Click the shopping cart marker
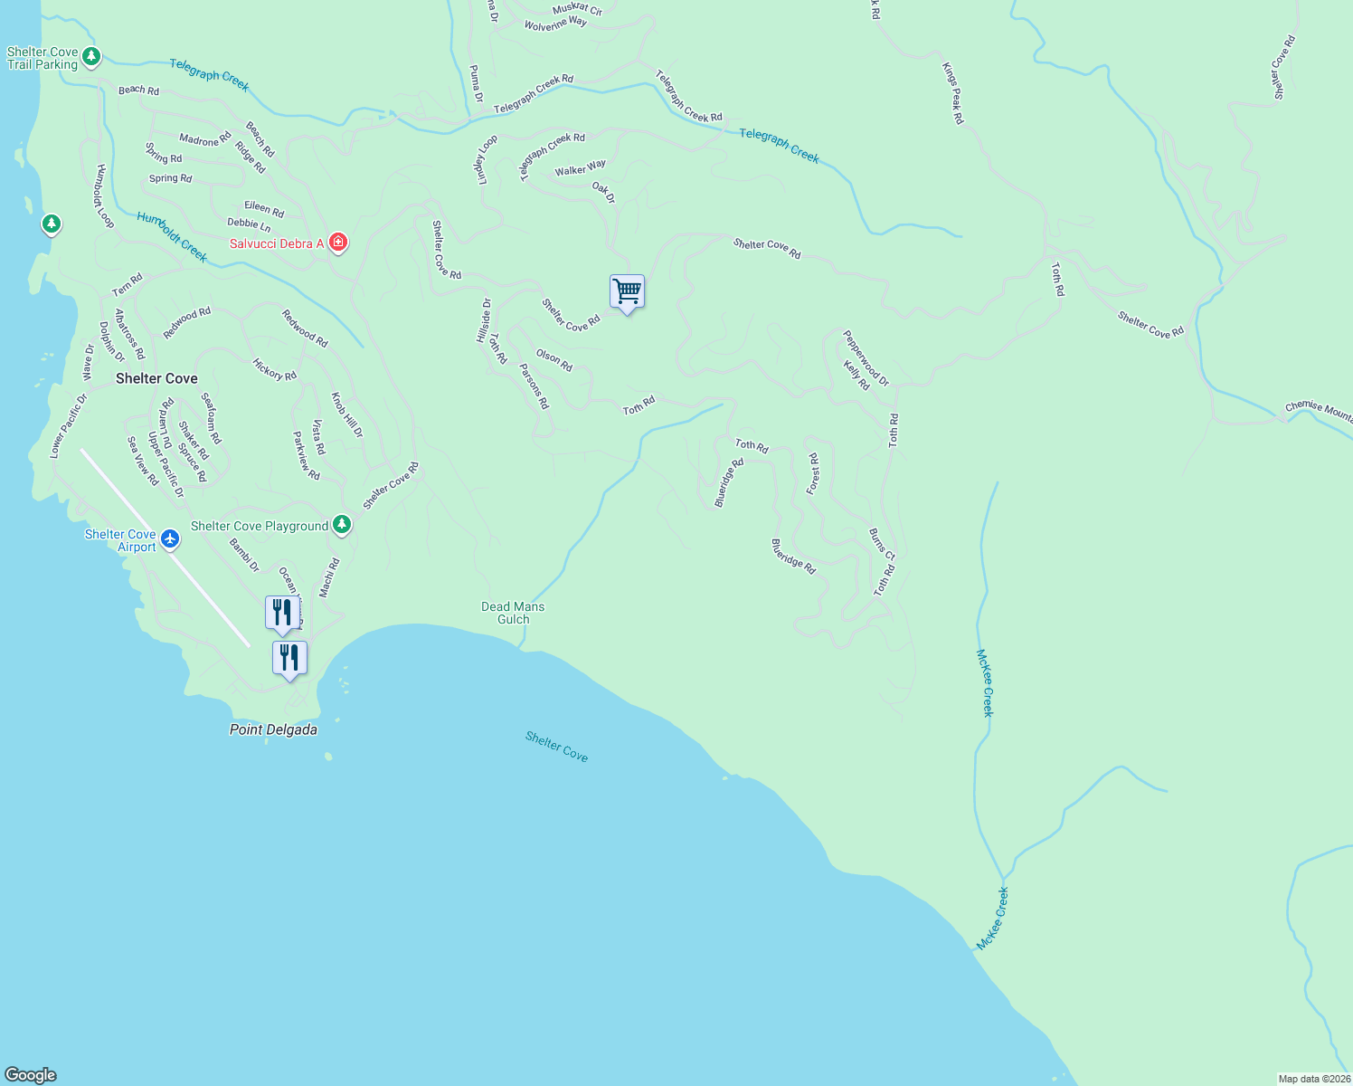(627, 292)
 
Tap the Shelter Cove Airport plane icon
(169, 540)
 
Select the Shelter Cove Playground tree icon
(341, 525)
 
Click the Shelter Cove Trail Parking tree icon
(90, 58)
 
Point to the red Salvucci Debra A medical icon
(338, 243)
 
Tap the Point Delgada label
(273, 729)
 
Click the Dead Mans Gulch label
(513, 613)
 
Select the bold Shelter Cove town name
(156, 378)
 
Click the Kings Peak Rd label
(952, 93)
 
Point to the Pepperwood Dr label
(866, 357)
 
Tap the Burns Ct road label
(882, 545)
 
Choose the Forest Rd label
(813, 474)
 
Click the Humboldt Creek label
(172, 237)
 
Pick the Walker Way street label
(581, 168)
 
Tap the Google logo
(31, 1075)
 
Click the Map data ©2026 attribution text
(1314, 1079)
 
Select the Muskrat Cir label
(577, 9)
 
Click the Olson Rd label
(553, 360)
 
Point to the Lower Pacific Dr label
(69, 425)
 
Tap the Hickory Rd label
(274, 369)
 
